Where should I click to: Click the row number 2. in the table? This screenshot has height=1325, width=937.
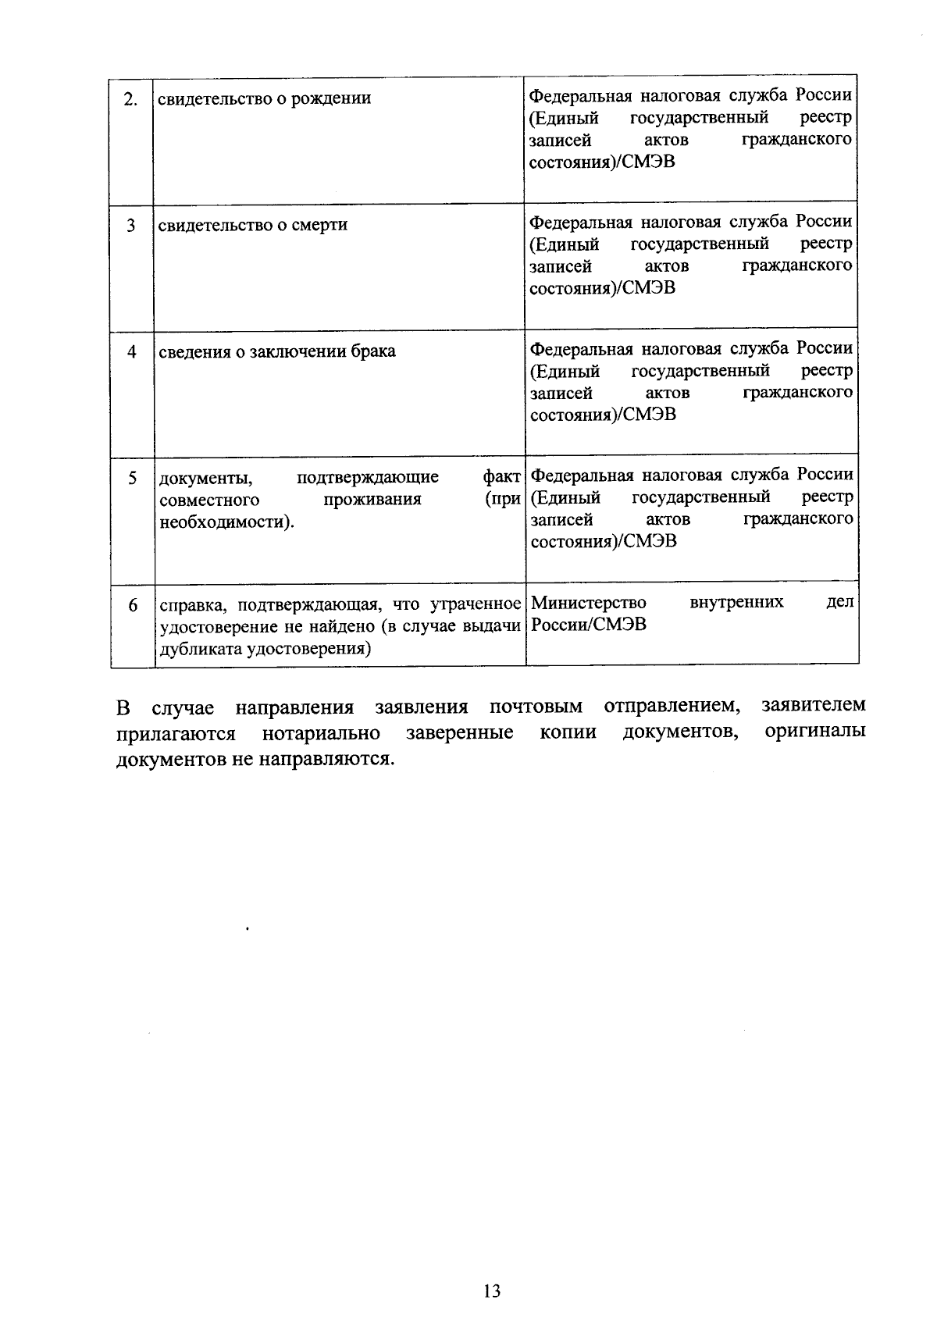tap(132, 99)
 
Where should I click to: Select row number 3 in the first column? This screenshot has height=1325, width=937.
tap(131, 226)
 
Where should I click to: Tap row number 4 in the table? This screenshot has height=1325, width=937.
tap(132, 352)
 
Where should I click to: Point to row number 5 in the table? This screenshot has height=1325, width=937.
tap(132, 478)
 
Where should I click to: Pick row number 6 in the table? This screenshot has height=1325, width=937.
tap(133, 606)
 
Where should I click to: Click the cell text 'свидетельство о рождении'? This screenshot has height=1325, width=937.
tap(264, 99)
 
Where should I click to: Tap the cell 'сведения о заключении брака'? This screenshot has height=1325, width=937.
tap(276, 352)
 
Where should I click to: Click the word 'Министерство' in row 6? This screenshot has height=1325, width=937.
tap(588, 603)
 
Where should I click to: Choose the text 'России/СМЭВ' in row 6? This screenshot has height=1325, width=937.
tap(588, 625)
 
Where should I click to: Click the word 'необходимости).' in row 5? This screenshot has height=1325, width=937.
tap(227, 522)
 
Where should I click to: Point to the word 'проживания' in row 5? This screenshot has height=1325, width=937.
tap(372, 500)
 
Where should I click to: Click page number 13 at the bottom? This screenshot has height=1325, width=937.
tap(491, 1291)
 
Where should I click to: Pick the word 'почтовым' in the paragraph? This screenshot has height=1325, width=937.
tap(536, 707)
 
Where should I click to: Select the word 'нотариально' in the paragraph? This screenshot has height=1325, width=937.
tap(321, 734)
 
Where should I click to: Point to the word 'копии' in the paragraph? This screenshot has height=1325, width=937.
tap(568, 733)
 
